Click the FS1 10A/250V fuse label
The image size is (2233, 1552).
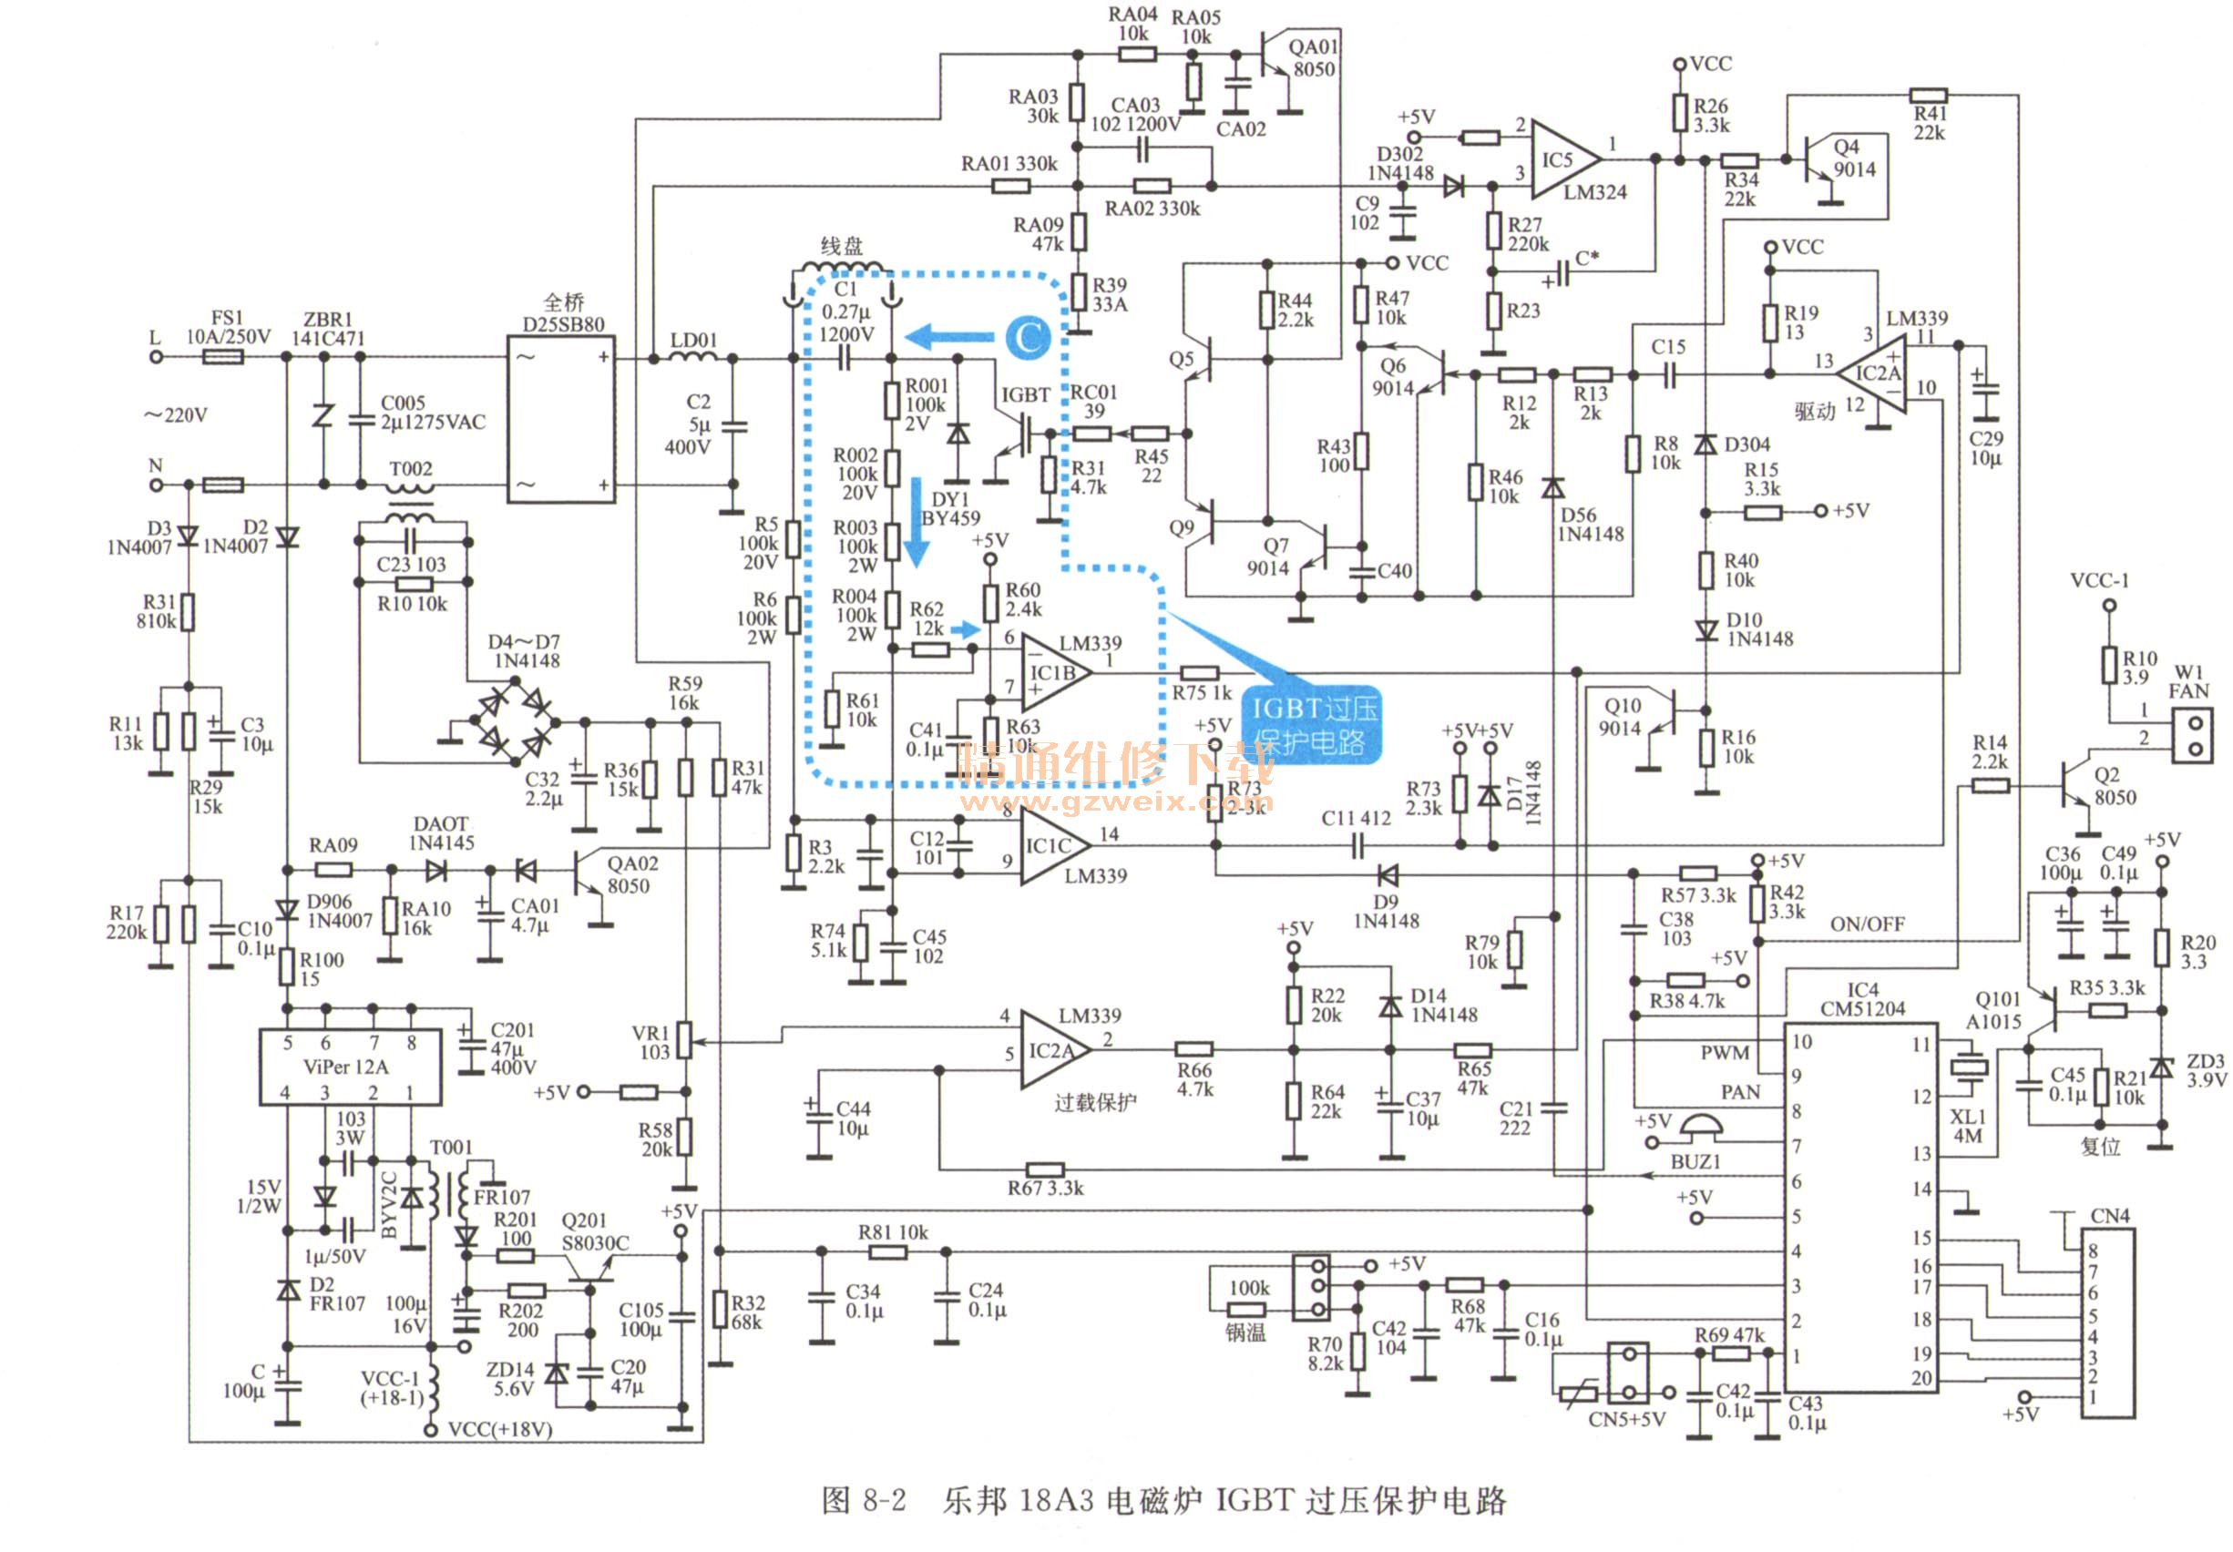[x=228, y=328]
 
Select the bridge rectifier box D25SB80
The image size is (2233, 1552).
[x=561, y=419]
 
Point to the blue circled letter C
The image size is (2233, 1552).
[x=1028, y=337]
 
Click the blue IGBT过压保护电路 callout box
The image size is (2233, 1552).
[x=1314, y=725]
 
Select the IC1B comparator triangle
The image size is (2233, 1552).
[x=1052, y=672]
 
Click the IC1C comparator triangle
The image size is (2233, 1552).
[x=1050, y=846]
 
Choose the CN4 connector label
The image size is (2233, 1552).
[x=2109, y=1216]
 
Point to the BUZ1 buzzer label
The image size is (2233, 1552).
[x=1695, y=1161]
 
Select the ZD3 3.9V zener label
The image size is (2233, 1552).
[x=2205, y=1069]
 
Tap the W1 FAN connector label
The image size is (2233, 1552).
[x=2188, y=681]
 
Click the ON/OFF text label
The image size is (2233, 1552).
[x=1868, y=924]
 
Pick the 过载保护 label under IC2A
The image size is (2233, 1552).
[x=1095, y=1102]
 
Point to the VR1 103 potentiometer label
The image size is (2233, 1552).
[x=650, y=1041]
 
